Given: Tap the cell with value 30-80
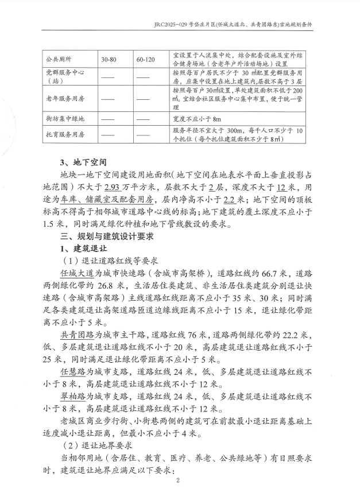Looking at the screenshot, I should pyautogui.click(x=109, y=59).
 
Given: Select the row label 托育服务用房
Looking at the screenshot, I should pyautogui.click(x=64, y=135).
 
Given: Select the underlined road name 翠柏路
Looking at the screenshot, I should pyautogui.click(x=72, y=397).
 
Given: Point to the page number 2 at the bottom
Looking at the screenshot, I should pyautogui.click(x=179, y=481).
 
